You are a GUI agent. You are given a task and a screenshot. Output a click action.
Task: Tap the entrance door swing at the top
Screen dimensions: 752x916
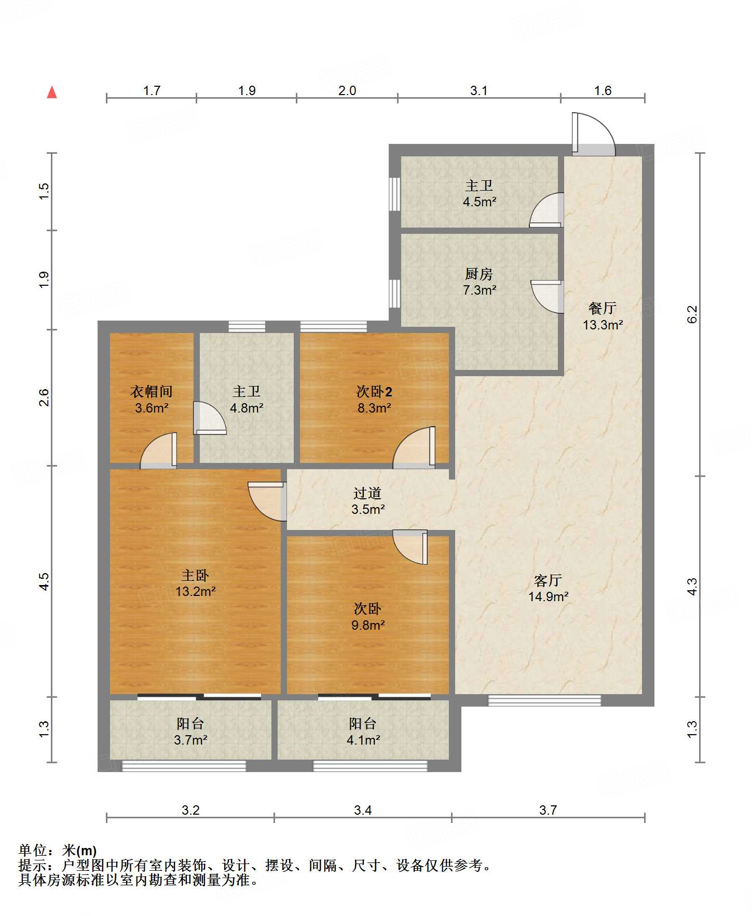pos(594,134)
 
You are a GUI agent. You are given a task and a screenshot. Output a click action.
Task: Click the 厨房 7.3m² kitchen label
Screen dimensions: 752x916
pos(479,282)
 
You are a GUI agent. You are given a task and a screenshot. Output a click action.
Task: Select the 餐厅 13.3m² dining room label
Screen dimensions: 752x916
pos(602,316)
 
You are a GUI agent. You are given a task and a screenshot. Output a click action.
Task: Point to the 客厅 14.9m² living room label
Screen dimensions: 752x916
pos(548,588)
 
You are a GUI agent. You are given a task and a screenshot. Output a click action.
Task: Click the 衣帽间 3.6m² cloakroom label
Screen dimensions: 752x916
pos(151,400)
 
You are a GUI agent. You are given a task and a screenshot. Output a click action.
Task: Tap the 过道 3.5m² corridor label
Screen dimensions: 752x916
pos(367,501)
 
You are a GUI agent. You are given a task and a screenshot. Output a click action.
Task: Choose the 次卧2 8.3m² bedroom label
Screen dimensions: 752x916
pos(374,400)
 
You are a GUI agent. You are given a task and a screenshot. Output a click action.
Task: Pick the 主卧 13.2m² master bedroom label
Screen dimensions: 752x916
pos(195,583)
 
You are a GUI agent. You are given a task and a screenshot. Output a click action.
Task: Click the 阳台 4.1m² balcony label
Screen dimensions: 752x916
pos(363,732)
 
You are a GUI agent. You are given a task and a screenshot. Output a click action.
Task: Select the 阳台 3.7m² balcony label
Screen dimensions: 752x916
pos(190,732)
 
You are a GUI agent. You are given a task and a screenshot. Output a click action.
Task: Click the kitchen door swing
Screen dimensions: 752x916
pos(547,297)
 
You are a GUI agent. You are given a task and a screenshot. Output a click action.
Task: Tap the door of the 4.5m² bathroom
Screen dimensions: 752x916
pos(546,210)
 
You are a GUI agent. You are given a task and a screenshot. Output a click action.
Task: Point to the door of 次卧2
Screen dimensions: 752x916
pos(414,447)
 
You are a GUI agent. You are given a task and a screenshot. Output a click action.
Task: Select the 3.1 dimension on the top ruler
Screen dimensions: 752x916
pos(478,91)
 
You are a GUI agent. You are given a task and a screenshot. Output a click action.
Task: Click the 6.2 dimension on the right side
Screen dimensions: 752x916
pos(692,314)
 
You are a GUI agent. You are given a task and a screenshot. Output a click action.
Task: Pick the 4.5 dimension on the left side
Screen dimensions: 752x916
pos(44,581)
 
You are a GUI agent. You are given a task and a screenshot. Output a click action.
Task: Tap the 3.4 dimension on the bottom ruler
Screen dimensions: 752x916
pos(363,810)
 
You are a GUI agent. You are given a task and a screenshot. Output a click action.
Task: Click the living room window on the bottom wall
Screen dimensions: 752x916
pos(544,700)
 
